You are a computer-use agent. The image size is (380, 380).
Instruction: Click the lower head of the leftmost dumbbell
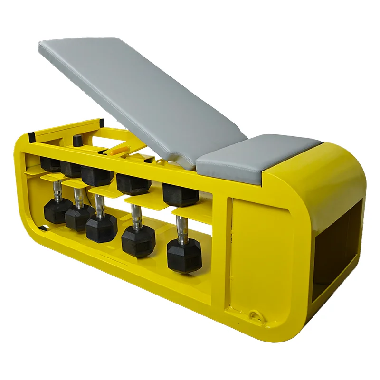(56, 211)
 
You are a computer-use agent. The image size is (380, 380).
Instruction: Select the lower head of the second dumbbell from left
(77, 218)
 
